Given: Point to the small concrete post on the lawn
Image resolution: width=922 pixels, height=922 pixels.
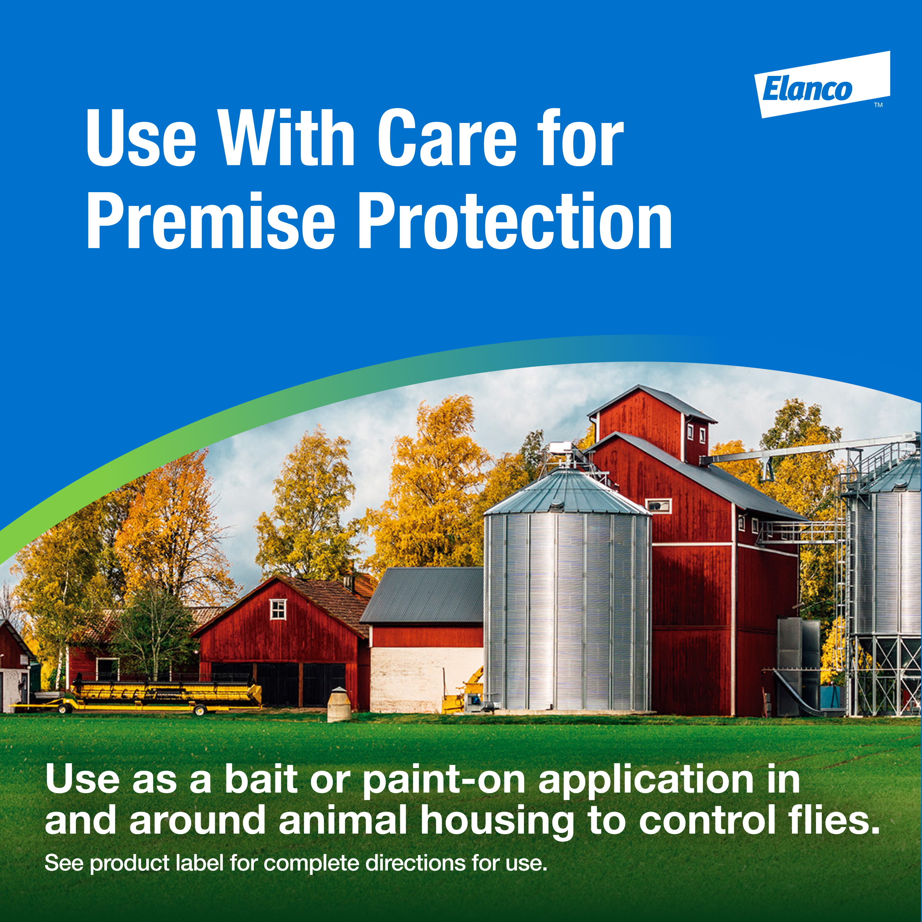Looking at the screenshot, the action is [x=339, y=704].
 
